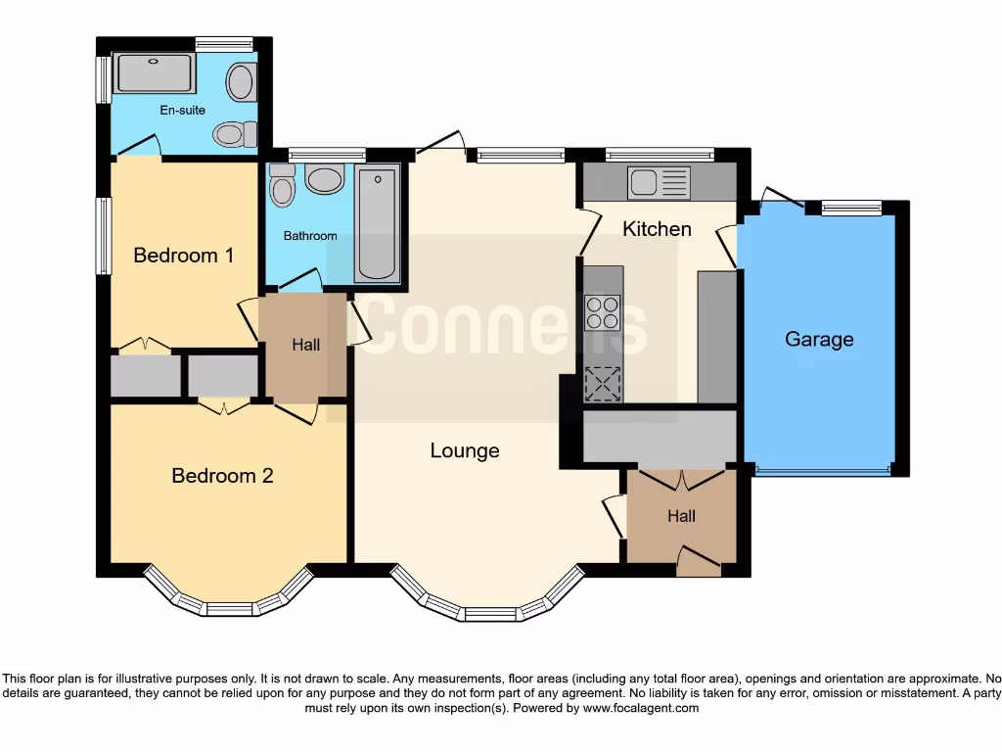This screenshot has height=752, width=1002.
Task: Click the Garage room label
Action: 819,340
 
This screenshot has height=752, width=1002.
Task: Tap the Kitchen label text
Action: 657,229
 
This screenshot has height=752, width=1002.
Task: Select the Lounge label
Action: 465,450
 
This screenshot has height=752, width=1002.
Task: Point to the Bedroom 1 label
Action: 183,256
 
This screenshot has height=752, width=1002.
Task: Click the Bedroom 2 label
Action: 222,476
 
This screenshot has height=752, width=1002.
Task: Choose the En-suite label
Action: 183,111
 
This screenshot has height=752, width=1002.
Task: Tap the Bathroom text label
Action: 310,236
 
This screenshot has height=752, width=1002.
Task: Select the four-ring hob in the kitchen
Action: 602,312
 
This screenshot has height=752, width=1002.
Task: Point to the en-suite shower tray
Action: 155,72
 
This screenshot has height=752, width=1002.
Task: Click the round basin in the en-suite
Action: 241,82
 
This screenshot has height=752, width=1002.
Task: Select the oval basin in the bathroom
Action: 324,179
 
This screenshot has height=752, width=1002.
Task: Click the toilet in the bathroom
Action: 282,185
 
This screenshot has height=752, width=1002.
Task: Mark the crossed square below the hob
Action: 602,383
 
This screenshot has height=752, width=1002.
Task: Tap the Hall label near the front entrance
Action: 681,516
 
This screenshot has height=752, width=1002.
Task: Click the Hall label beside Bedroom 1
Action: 305,346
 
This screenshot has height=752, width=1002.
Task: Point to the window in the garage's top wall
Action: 850,208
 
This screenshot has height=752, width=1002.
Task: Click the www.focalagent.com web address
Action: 640,708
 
